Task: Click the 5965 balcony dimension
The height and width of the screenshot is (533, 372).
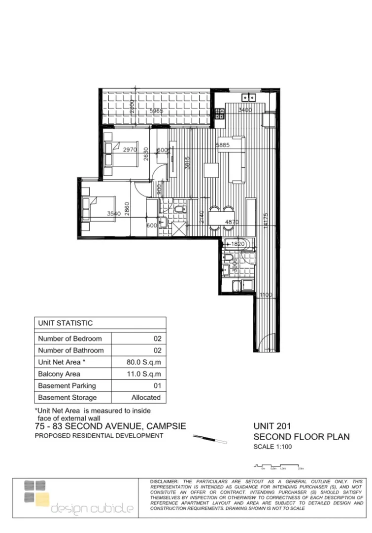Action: tap(156, 111)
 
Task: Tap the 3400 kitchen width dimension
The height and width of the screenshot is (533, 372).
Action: tap(245, 110)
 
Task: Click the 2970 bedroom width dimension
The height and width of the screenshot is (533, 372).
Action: tap(130, 150)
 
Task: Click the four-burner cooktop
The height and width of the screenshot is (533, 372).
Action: tap(219, 114)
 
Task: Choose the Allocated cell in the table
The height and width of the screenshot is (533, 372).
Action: tap(146, 397)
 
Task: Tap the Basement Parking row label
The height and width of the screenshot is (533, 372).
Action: tap(67, 386)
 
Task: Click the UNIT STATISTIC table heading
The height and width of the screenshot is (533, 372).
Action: tap(65, 323)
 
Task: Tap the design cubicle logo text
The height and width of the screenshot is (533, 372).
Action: tap(92, 509)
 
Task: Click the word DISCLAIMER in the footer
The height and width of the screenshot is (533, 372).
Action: tap(165, 481)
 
